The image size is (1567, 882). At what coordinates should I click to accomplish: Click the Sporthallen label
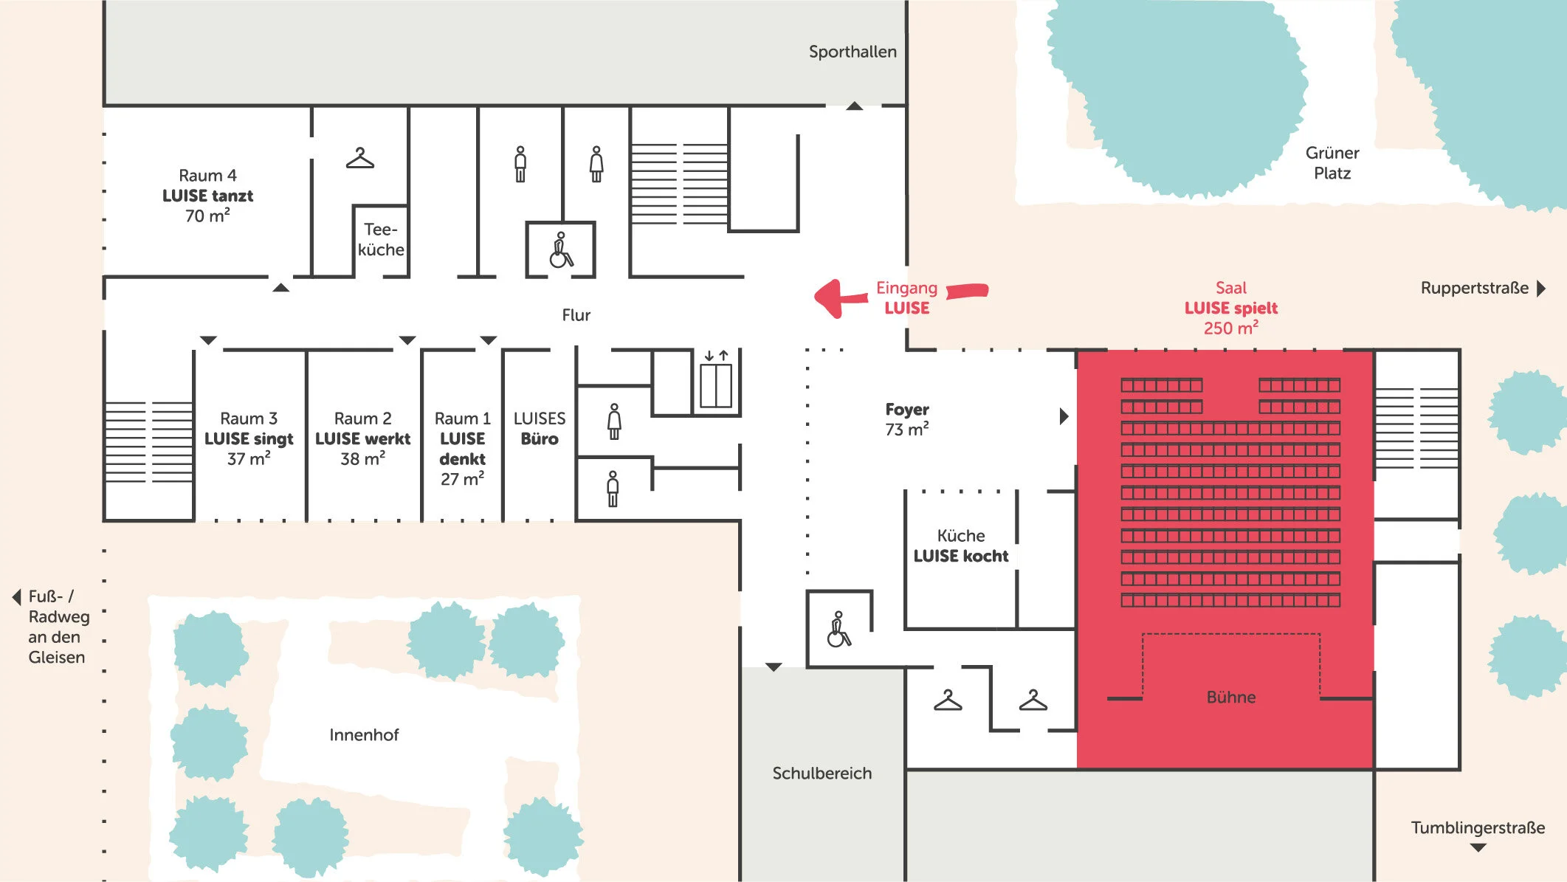(x=853, y=52)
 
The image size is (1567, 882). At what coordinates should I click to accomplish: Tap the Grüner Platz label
(x=1332, y=163)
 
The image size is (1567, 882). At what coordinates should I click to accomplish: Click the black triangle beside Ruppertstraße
(x=1541, y=288)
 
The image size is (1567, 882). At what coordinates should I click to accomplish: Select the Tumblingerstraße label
(x=1478, y=827)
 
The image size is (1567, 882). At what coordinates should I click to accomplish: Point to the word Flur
(x=576, y=315)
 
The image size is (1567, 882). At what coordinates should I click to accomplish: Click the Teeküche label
(x=381, y=240)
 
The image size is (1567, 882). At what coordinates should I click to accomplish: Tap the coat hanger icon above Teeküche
(x=360, y=159)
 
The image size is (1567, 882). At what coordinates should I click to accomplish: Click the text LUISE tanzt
(x=207, y=196)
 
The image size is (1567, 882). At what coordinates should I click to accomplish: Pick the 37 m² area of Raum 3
(x=249, y=459)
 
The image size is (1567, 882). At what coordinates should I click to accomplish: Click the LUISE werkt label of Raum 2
(x=362, y=438)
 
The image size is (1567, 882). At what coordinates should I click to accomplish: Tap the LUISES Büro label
(x=540, y=429)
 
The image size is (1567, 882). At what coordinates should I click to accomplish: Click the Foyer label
(x=907, y=410)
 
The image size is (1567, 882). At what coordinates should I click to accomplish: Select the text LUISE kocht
(x=960, y=556)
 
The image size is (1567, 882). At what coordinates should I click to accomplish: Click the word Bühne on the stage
(x=1230, y=697)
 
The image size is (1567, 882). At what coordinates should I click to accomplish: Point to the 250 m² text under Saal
(x=1230, y=328)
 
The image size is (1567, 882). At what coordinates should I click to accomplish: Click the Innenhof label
(x=364, y=734)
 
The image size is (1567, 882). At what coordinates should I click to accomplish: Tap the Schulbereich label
(x=822, y=773)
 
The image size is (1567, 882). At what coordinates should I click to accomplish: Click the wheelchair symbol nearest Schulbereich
(x=838, y=630)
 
